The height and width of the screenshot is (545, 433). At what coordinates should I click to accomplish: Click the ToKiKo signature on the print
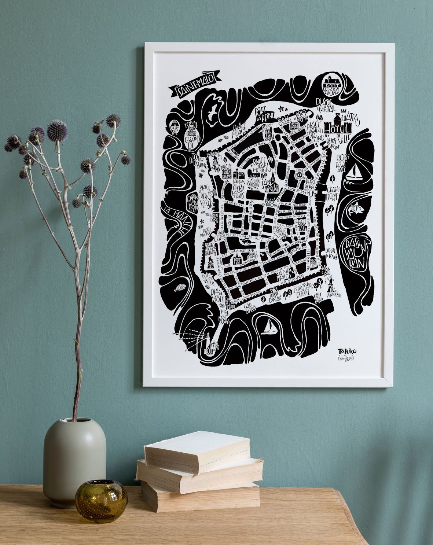click(345, 351)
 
